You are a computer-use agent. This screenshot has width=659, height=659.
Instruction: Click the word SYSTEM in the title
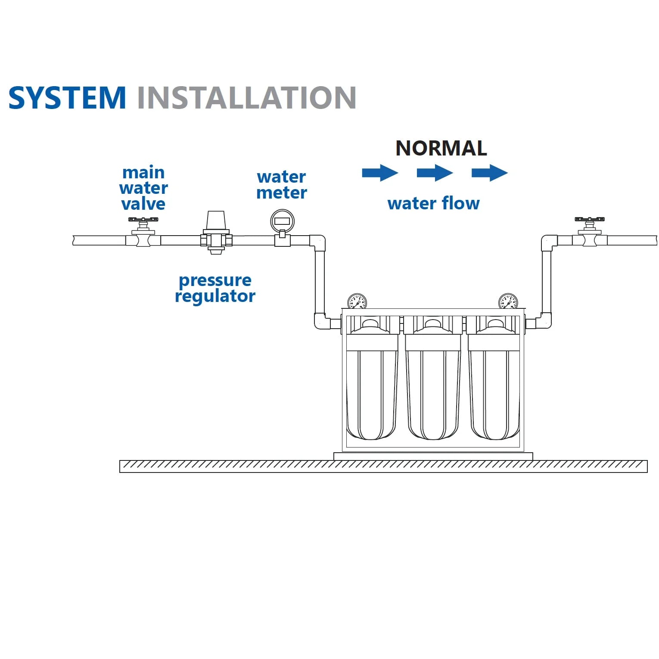click(67, 98)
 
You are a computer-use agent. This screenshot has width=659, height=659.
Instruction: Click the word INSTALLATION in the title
click(246, 98)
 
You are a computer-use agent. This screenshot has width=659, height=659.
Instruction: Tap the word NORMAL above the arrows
click(441, 148)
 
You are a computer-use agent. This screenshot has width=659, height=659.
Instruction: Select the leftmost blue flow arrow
click(380, 173)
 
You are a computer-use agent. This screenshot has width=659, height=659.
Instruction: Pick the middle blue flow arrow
click(435, 173)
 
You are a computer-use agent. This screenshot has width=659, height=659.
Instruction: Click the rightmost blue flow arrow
click(489, 173)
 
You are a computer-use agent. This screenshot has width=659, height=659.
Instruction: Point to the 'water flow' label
click(433, 203)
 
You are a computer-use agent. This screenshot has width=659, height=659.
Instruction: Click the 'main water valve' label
click(143, 188)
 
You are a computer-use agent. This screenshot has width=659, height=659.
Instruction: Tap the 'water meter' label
click(282, 185)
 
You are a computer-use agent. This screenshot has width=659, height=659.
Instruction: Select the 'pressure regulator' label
click(215, 288)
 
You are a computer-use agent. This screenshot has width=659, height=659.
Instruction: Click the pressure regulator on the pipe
click(216, 233)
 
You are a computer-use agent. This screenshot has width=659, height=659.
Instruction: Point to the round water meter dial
click(282, 221)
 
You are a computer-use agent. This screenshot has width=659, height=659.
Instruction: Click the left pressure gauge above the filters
click(357, 302)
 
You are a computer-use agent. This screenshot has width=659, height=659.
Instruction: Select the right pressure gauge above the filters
click(508, 302)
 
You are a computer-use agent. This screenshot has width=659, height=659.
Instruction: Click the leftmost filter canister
click(371, 388)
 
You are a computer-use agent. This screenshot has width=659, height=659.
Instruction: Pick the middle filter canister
click(433, 388)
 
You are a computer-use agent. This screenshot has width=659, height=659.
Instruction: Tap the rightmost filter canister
click(494, 388)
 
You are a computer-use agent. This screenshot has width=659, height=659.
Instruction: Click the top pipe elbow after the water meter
click(318, 242)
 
